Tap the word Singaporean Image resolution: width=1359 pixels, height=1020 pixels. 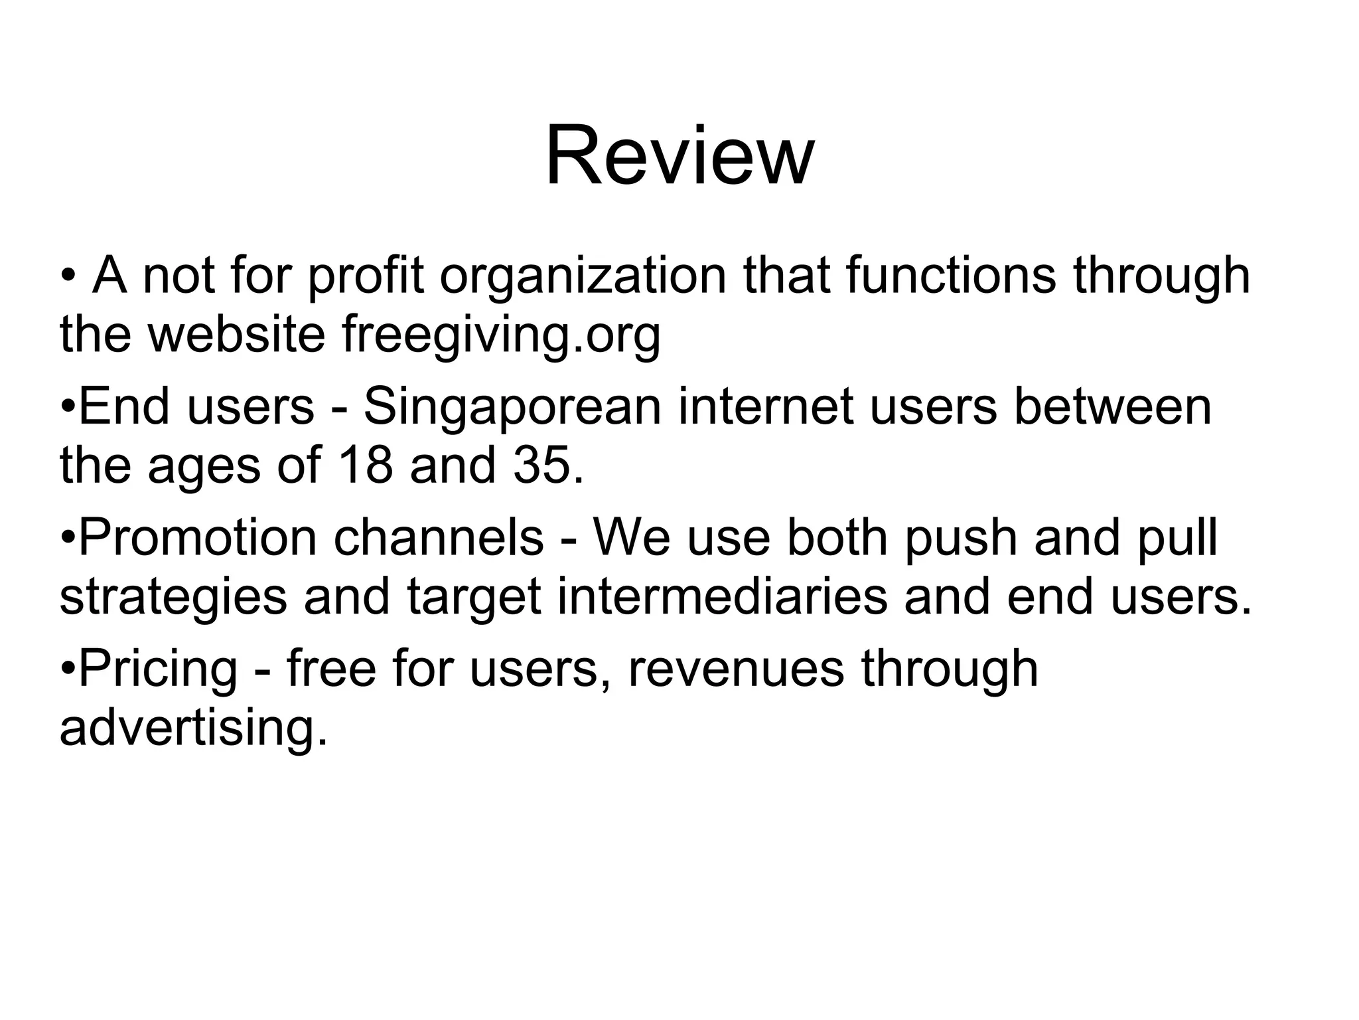[x=512, y=406]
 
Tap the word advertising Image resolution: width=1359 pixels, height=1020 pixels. [x=193, y=728]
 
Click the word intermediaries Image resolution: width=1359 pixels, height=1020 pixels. [x=722, y=596]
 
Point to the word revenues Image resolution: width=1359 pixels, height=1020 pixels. [x=736, y=669]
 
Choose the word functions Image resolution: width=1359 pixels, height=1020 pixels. [x=950, y=276]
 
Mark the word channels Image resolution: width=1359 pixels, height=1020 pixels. [x=439, y=538]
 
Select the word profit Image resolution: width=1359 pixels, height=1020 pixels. [x=365, y=277]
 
